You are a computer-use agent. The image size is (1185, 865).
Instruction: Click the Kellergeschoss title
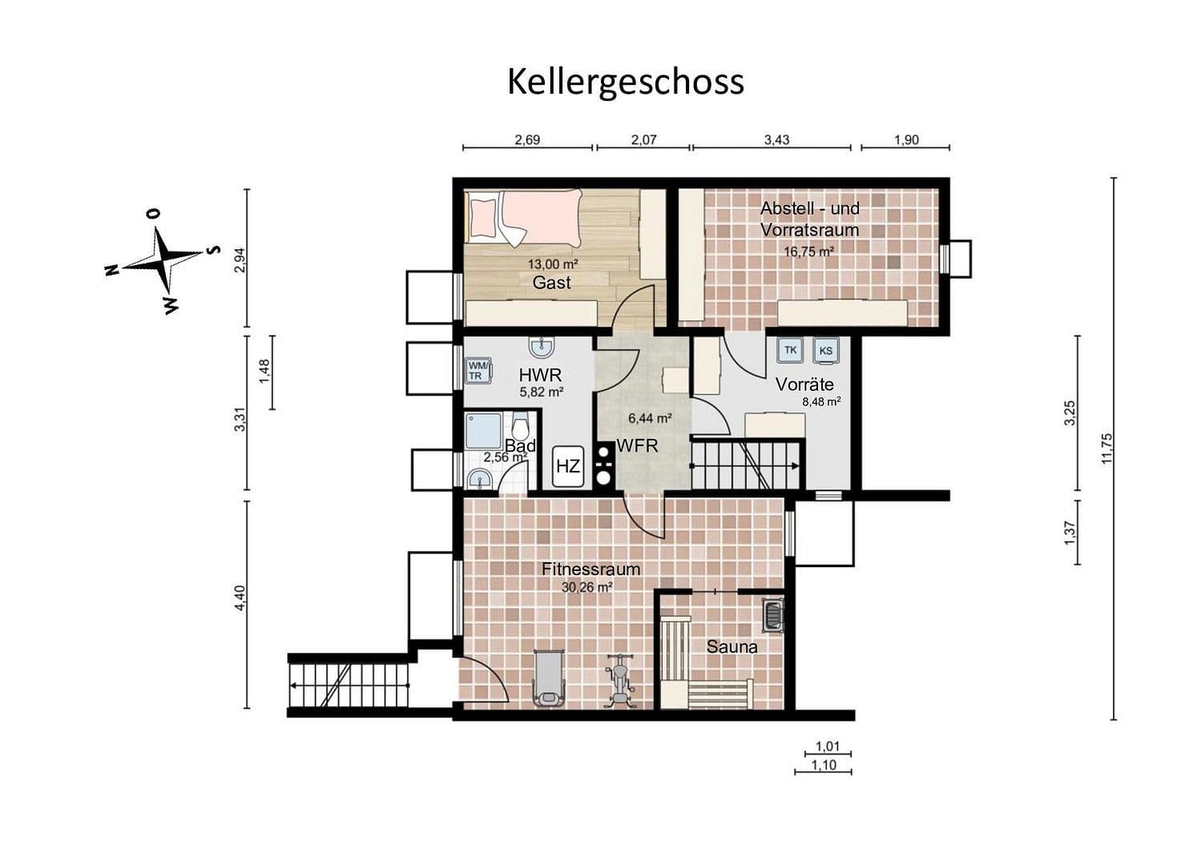(x=625, y=82)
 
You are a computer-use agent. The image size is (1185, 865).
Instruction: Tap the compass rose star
(x=166, y=259)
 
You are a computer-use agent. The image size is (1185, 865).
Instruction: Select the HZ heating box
(x=567, y=465)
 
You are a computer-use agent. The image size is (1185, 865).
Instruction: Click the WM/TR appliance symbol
(x=476, y=371)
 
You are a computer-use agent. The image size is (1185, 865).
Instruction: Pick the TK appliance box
(x=790, y=350)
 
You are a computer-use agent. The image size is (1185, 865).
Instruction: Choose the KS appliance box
(x=825, y=351)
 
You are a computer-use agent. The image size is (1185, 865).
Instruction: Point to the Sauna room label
(x=732, y=646)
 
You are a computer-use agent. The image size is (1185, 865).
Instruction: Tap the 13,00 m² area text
(x=552, y=264)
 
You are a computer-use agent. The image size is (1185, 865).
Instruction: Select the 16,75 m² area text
(x=809, y=251)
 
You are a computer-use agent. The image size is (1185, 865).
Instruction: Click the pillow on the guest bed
(x=483, y=215)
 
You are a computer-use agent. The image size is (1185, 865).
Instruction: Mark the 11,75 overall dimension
(x=1106, y=449)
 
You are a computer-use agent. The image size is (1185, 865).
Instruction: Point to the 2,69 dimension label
(x=526, y=139)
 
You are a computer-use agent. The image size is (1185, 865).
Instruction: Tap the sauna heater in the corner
(x=773, y=614)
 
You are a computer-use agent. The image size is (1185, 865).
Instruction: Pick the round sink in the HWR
(x=542, y=347)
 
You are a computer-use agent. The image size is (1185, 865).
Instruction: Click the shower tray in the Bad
(x=483, y=431)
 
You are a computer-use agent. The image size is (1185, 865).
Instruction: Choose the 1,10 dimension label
(x=823, y=765)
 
